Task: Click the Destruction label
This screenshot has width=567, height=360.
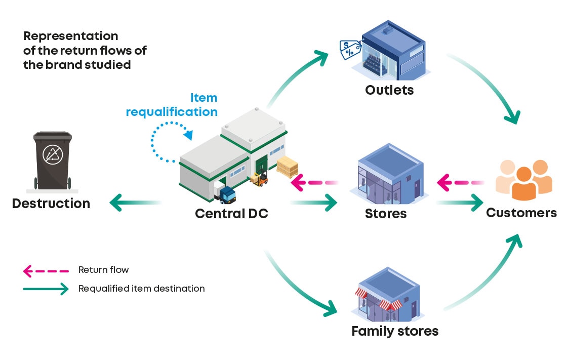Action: [51, 204]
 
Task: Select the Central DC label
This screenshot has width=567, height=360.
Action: [231, 213]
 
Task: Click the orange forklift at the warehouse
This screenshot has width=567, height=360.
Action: [260, 178]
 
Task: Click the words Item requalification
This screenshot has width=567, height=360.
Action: [172, 105]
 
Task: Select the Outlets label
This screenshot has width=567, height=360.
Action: [389, 90]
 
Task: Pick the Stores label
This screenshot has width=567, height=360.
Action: [386, 213]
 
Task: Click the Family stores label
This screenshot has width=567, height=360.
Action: [395, 332]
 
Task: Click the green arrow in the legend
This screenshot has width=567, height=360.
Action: [46, 289]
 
